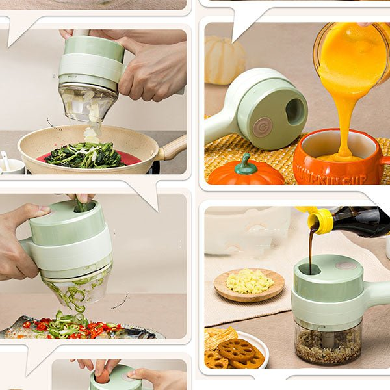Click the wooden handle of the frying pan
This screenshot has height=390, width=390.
[x=174, y=148]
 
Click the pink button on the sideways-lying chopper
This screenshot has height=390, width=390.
[x=263, y=126]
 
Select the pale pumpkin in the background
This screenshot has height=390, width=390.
[x=224, y=60]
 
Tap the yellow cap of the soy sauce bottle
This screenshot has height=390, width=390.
[x=320, y=220]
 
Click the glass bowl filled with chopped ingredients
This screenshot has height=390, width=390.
[x=328, y=342]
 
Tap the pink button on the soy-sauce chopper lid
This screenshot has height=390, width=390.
[x=346, y=265]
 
